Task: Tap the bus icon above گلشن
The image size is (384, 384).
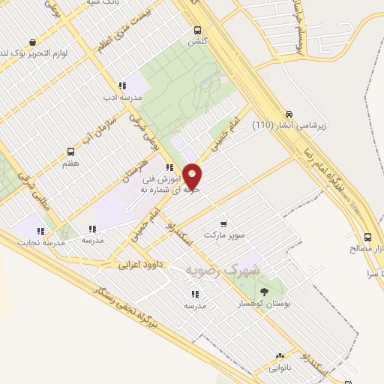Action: [197, 30]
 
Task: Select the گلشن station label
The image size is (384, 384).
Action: [197, 42]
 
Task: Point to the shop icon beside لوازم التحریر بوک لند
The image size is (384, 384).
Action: [33, 44]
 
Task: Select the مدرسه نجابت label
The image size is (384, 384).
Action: [43, 243]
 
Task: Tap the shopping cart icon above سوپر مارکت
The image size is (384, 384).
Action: [223, 223]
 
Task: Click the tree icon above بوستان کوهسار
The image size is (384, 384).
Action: [263, 291]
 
